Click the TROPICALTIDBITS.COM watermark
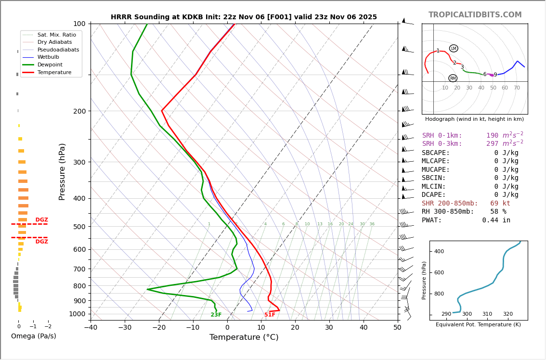pos(475,15)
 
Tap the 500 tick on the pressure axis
pos(79,227)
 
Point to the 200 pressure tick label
pos(79,111)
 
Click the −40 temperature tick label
pos(91,327)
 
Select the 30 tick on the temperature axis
pos(329,327)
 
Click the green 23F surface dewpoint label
pos(216,315)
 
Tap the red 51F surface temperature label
pos(270,315)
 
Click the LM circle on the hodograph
pos(454,49)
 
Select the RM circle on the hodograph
pos(453,78)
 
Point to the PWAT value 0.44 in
pos(496,220)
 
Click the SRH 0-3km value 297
pos(493,144)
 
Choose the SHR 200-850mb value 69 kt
pos(500,204)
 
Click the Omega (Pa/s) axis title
pos(34,336)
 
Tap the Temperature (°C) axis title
pos(244,337)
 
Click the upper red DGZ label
pos(42,220)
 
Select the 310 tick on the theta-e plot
pos(487,314)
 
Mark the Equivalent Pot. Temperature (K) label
pos(478,325)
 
